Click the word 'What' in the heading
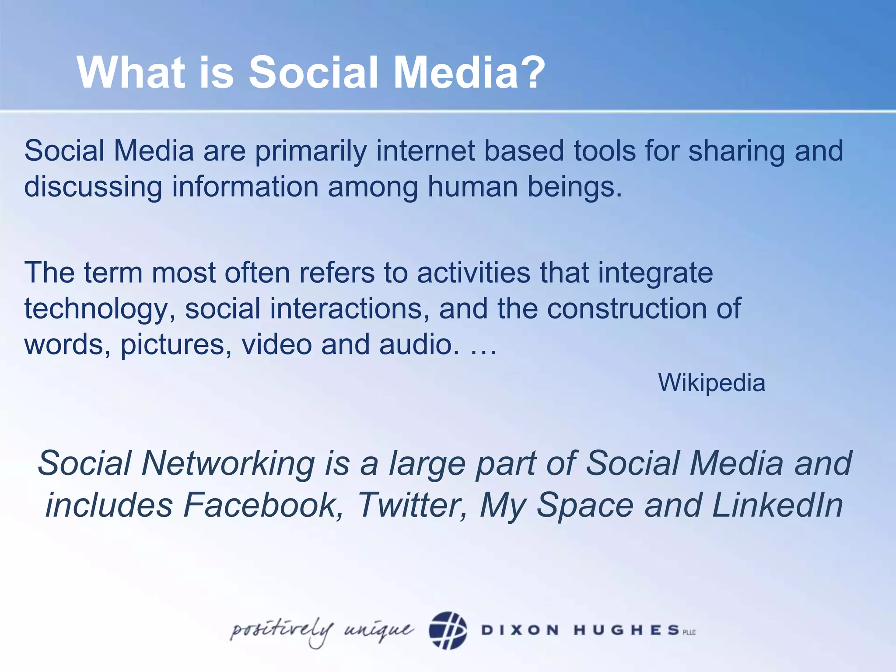pos(130,72)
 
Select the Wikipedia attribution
pos(711,383)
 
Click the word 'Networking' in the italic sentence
pos(227,463)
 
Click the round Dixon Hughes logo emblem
pos(448,630)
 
